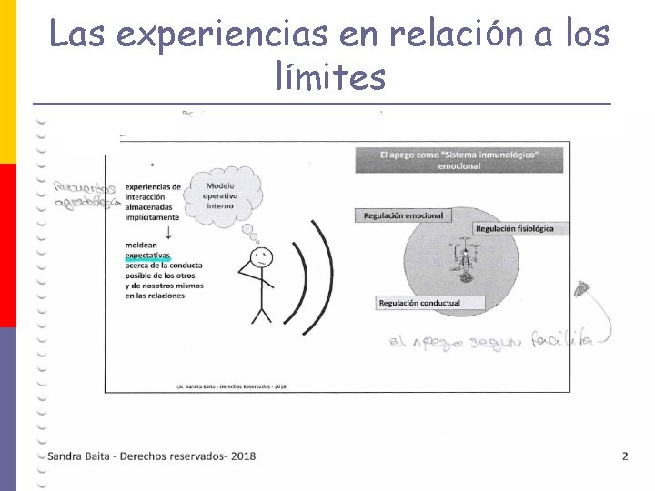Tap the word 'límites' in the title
point(330,77)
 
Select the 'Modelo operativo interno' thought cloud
point(220,194)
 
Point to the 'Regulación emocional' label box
point(403,215)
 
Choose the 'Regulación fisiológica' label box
point(514,228)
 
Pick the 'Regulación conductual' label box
point(419,303)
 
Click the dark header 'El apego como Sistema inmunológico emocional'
point(458,160)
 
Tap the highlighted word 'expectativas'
point(148,256)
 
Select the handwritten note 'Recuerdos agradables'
point(86,195)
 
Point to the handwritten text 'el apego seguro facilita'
point(489,342)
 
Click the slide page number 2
point(625,456)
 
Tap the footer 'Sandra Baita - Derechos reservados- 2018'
point(152,456)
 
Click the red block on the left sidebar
point(7,245)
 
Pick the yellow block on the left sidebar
point(7,82)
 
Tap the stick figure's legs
point(261,313)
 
